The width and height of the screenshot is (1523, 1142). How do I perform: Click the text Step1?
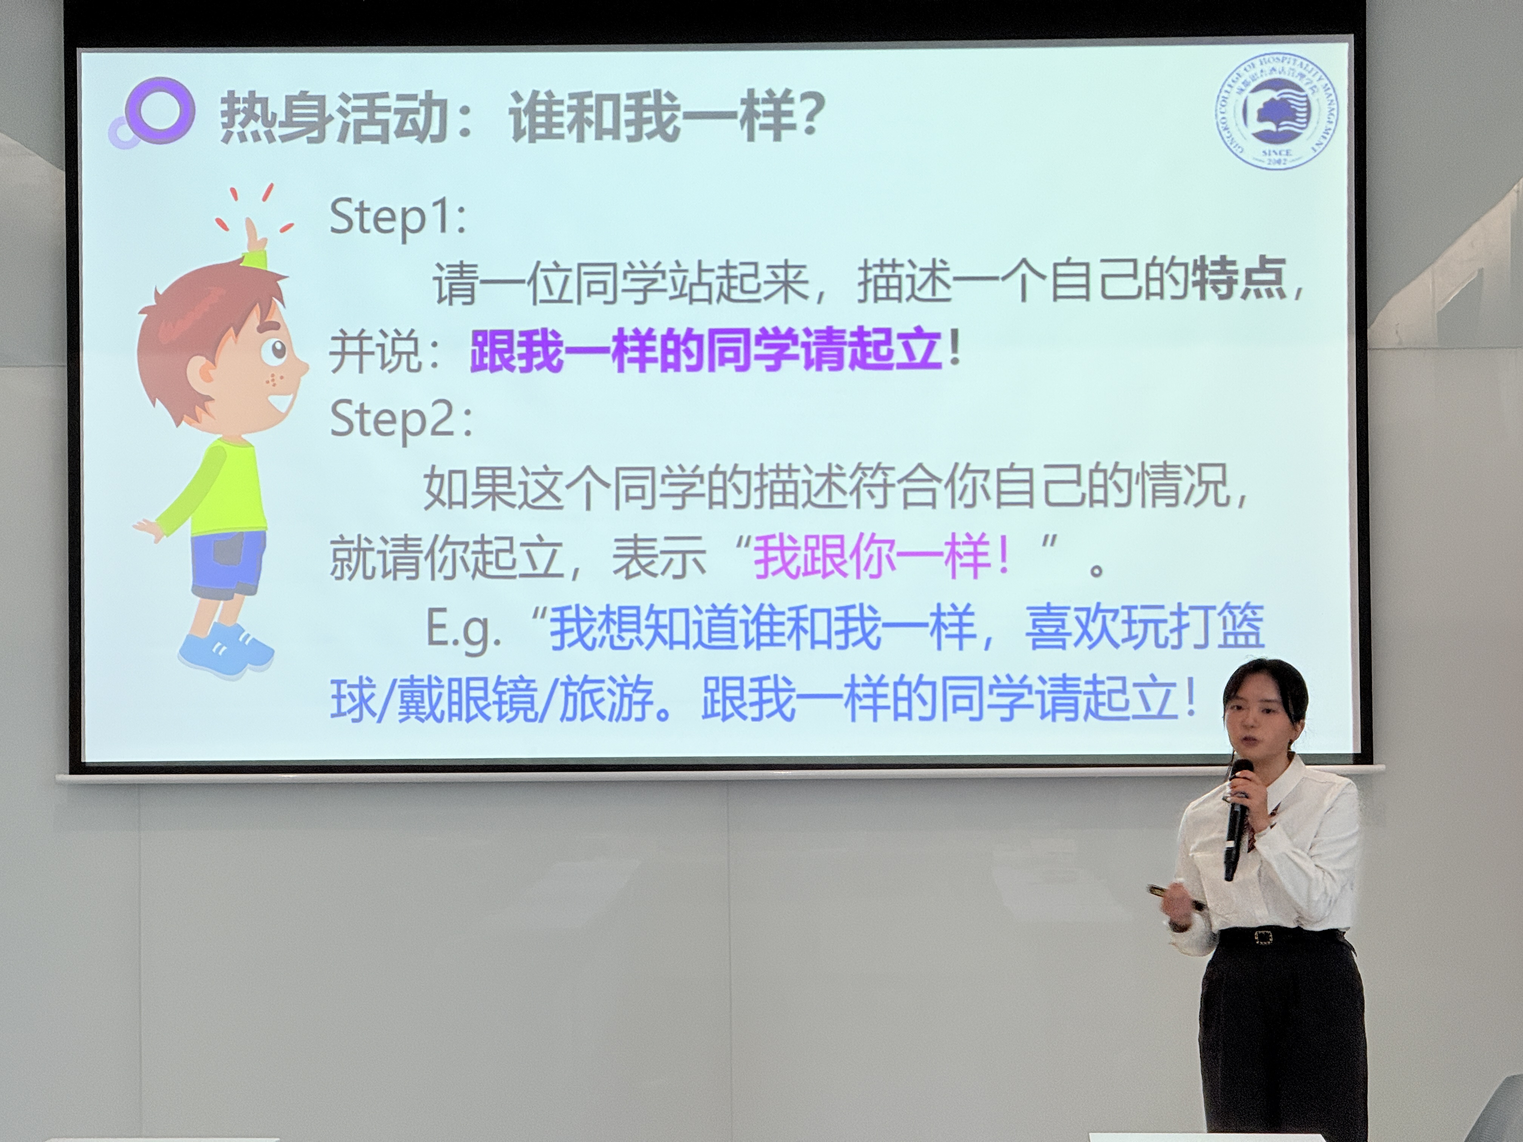tap(398, 216)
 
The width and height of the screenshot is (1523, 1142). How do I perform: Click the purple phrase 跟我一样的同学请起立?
tap(705, 350)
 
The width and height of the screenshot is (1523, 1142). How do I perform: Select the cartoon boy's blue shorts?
tap(227, 563)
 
